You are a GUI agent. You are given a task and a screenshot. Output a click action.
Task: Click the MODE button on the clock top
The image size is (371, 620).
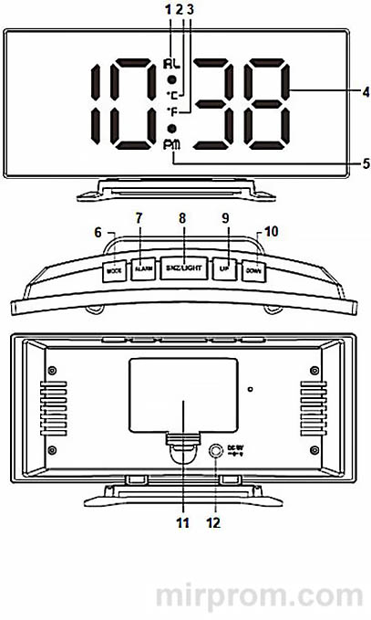(x=115, y=271)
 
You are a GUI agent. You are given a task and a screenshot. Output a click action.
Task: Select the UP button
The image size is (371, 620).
(x=222, y=269)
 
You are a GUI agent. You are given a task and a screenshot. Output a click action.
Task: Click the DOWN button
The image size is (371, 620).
(x=254, y=271)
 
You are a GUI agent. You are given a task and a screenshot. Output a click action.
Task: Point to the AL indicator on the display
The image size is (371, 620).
(x=171, y=65)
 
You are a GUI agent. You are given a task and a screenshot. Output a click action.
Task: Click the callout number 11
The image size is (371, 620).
(x=182, y=523)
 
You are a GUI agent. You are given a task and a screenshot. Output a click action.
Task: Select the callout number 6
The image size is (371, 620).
(x=98, y=233)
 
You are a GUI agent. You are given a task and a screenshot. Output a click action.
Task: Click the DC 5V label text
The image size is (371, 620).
(x=237, y=449)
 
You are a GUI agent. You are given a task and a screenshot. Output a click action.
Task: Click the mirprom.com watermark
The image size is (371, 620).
(x=262, y=594)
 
